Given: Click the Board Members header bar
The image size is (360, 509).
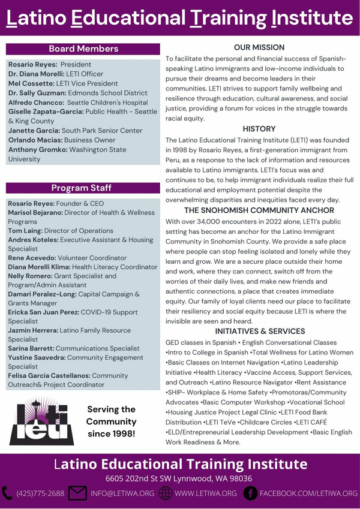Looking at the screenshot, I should click(83, 49).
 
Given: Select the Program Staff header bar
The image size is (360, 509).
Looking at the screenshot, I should click(83, 188).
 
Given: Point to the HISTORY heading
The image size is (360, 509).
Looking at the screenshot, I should click(259, 128).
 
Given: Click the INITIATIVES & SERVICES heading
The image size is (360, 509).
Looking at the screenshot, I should click(260, 331).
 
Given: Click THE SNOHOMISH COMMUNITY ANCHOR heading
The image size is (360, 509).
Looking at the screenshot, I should click(259, 210).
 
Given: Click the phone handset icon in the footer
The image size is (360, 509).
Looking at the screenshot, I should click(7, 493).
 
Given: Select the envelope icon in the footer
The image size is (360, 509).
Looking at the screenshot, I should click(77, 493).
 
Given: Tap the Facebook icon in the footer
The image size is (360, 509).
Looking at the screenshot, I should click(250, 493).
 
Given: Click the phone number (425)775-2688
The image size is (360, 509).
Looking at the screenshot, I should click(40, 493).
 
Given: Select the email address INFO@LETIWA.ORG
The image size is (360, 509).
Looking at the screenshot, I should click(122, 493).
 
